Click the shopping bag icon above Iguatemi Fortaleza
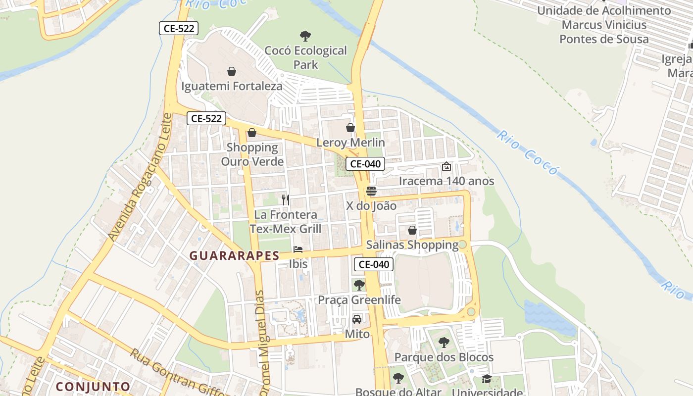[231, 71]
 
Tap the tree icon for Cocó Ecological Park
[305, 36]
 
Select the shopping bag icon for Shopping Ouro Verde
[252, 133]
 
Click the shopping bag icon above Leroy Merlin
[350, 128]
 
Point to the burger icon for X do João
[371, 191]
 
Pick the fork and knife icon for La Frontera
[286, 200]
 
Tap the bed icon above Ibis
[298, 249]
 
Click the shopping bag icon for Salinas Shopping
[412, 230]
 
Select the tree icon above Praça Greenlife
[359, 285]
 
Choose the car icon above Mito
[357, 319]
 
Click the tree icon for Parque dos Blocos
[444, 342]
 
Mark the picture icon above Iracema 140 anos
[446, 167]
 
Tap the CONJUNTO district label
[93, 386]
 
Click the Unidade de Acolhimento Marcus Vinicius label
[604, 25]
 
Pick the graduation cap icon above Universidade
[487, 379]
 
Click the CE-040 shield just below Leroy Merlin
[365, 164]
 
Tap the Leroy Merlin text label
[350, 143]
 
